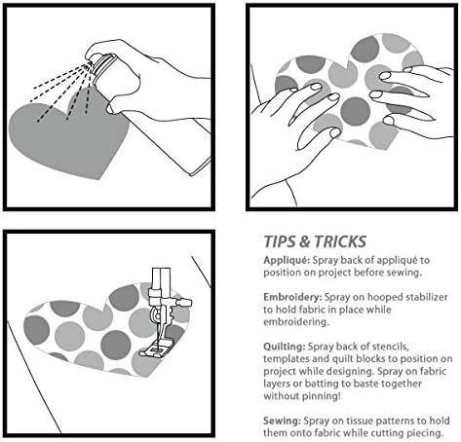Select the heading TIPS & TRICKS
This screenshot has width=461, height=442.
[x=315, y=241]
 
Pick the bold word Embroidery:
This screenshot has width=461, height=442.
[x=292, y=298]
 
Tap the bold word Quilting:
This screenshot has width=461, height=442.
[x=285, y=347]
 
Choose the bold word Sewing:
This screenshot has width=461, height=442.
[x=282, y=421]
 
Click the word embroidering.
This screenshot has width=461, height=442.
[x=296, y=322]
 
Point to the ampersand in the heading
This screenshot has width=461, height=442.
[x=305, y=242]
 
